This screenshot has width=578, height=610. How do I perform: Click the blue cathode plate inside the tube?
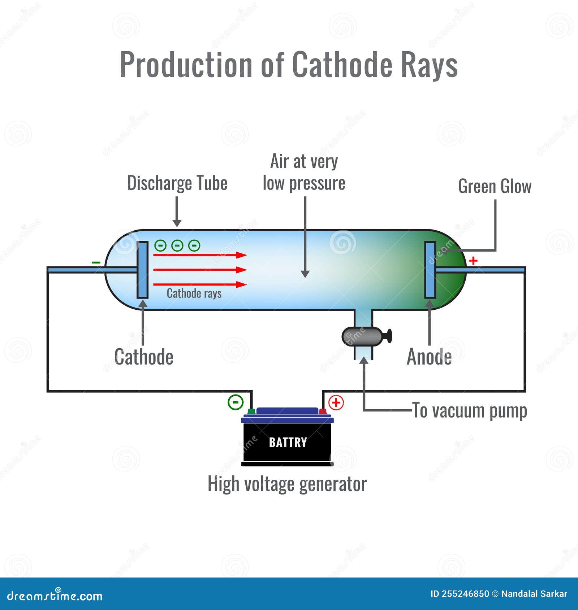click(142, 270)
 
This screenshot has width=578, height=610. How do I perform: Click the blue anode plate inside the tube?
click(430, 270)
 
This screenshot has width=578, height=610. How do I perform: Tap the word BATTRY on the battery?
click(288, 442)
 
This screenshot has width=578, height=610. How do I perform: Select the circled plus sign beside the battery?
click(336, 402)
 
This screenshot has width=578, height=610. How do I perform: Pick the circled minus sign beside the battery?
click(236, 402)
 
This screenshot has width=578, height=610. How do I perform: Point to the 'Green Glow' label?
click(495, 187)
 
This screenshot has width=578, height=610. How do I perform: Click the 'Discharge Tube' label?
click(177, 183)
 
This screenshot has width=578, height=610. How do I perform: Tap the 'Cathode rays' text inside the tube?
click(194, 293)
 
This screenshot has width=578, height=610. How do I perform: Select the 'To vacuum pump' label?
click(470, 411)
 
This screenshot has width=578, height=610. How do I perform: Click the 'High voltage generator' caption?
click(287, 484)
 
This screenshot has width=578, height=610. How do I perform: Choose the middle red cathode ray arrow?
click(200, 270)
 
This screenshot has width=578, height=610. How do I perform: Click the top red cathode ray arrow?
click(200, 255)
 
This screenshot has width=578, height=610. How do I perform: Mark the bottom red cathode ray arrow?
click(200, 284)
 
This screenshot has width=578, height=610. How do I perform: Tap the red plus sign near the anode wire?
click(473, 260)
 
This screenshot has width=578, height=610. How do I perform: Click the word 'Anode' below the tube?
click(429, 357)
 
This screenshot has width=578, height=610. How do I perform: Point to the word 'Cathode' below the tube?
click(144, 357)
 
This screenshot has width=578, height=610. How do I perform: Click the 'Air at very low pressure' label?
click(304, 172)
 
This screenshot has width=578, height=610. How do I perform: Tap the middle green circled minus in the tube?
click(177, 245)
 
